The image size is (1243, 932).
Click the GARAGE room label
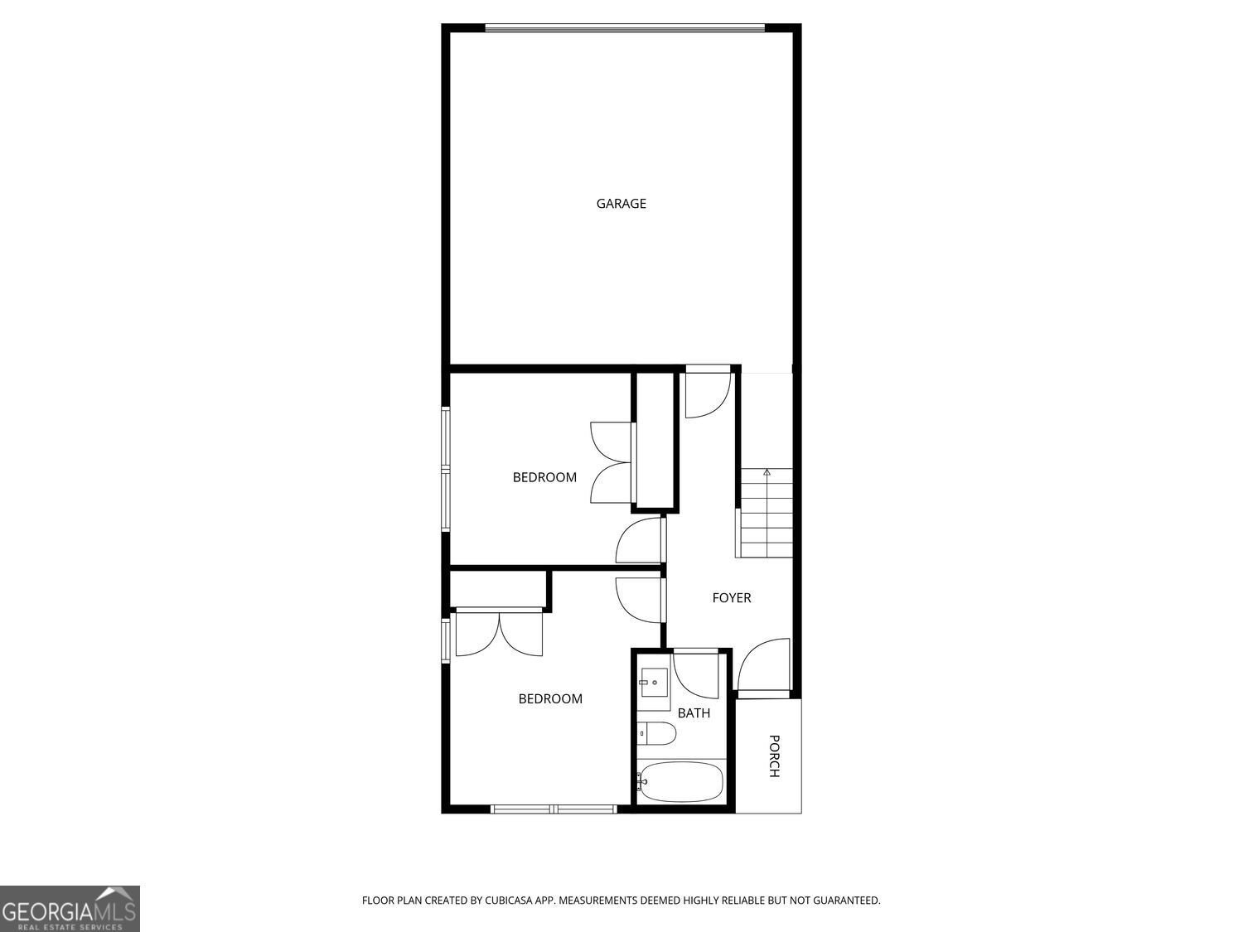621,203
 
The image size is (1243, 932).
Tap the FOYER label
731,597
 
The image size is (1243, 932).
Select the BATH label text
694,712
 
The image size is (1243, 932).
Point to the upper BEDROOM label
544,477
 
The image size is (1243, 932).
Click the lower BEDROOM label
550,698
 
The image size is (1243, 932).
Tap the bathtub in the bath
681,782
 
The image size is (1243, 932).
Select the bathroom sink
653,683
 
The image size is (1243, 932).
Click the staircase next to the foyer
766,514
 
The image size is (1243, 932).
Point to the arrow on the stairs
767,472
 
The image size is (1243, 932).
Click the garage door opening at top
624,28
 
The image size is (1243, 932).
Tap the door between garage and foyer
707,394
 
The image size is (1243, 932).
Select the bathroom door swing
697,674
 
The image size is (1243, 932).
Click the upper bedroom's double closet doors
612,462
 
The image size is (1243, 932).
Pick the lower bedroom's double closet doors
499,633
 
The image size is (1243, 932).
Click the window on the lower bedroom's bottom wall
554,809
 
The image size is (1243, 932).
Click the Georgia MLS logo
70,908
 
